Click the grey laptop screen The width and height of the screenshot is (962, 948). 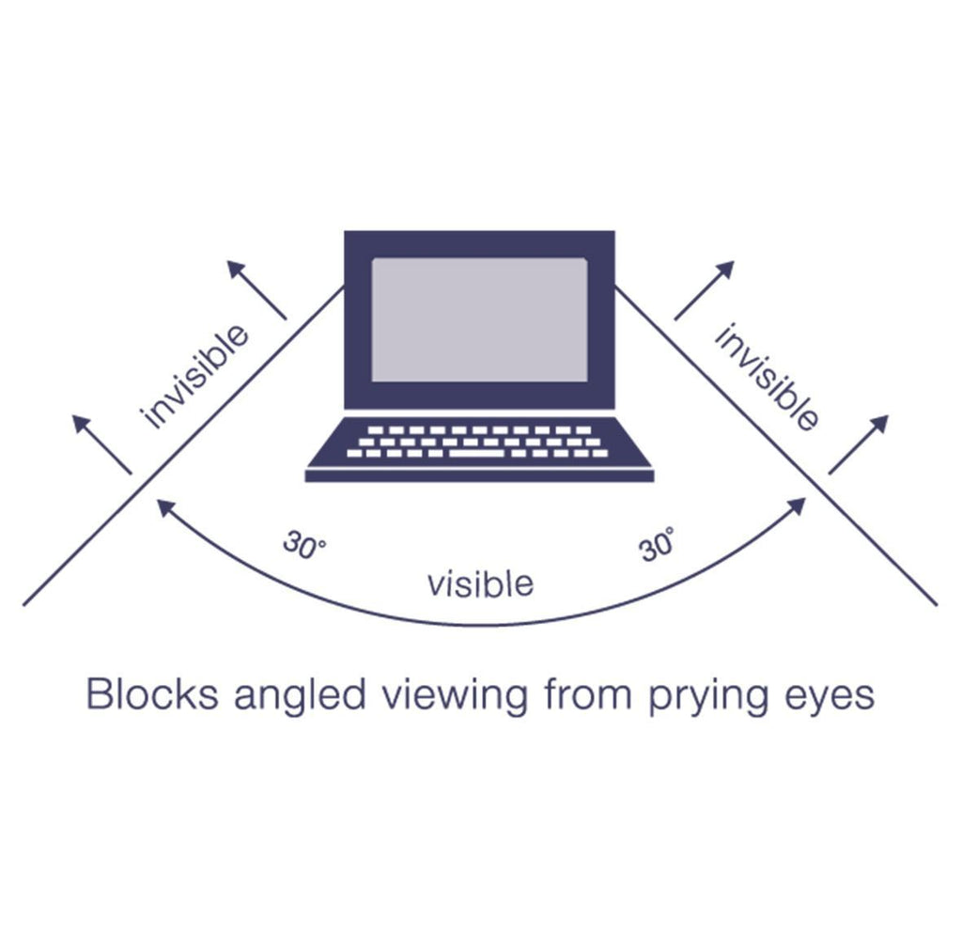(x=479, y=319)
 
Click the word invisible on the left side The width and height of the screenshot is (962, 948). (x=195, y=375)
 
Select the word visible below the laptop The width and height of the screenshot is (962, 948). (x=480, y=583)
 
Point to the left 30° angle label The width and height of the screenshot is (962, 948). (x=304, y=546)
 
